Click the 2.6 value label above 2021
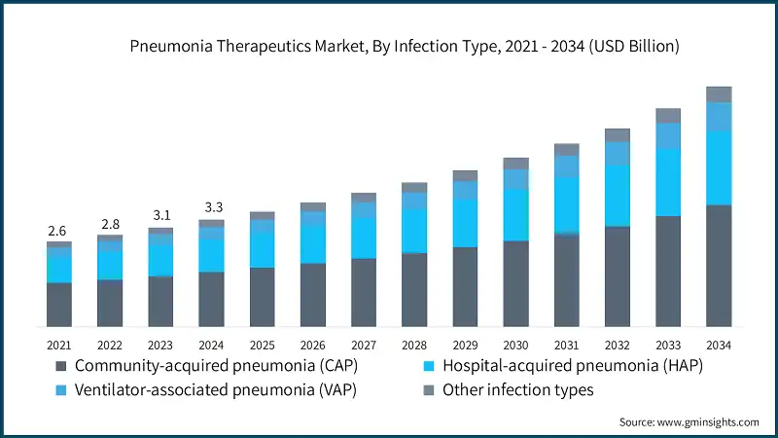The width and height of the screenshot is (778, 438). point(58,231)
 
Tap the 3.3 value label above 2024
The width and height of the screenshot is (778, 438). point(211,207)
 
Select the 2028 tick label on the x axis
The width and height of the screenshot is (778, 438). point(414,345)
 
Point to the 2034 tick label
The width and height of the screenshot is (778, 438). point(719,345)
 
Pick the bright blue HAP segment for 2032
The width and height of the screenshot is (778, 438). point(618,196)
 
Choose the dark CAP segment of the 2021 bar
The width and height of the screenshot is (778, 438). point(58,304)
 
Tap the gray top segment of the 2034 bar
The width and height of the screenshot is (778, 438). point(719,93)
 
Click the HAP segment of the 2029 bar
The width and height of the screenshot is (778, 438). point(465,223)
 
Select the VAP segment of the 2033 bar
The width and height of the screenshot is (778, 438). point(668,135)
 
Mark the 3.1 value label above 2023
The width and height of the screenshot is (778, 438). point(160,215)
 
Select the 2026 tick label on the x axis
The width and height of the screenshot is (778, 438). point(312,345)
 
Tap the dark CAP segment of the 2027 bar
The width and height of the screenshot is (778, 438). point(364,291)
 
